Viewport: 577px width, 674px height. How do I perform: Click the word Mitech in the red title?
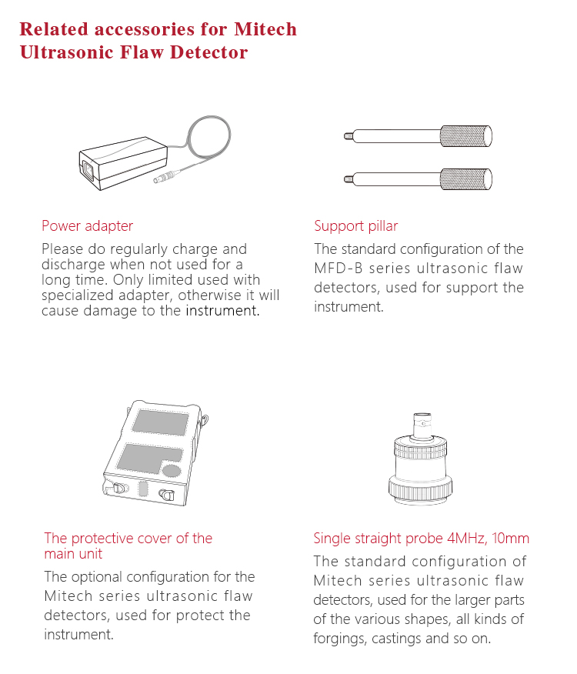(x=265, y=29)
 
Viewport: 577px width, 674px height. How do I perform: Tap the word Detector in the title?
(x=209, y=52)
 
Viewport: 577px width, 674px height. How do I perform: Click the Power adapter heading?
(x=87, y=226)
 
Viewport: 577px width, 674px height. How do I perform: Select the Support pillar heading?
(x=356, y=226)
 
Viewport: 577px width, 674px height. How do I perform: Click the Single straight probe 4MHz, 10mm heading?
(x=422, y=538)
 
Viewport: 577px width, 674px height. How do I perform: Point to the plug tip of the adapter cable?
(x=156, y=180)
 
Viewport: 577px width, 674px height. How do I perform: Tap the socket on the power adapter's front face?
(x=88, y=171)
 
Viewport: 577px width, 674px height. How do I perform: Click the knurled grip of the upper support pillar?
(x=466, y=136)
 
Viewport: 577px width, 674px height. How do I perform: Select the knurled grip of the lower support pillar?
(x=466, y=179)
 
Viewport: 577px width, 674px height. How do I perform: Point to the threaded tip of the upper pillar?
(x=349, y=136)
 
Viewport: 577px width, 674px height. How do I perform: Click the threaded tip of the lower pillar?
(x=349, y=179)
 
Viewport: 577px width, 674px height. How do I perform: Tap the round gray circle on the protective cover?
(x=172, y=470)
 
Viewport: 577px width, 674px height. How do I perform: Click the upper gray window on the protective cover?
(x=161, y=422)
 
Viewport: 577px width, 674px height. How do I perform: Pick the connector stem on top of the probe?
(x=422, y=425)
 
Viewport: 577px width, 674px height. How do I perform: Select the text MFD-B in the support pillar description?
(x=339, y=269)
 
